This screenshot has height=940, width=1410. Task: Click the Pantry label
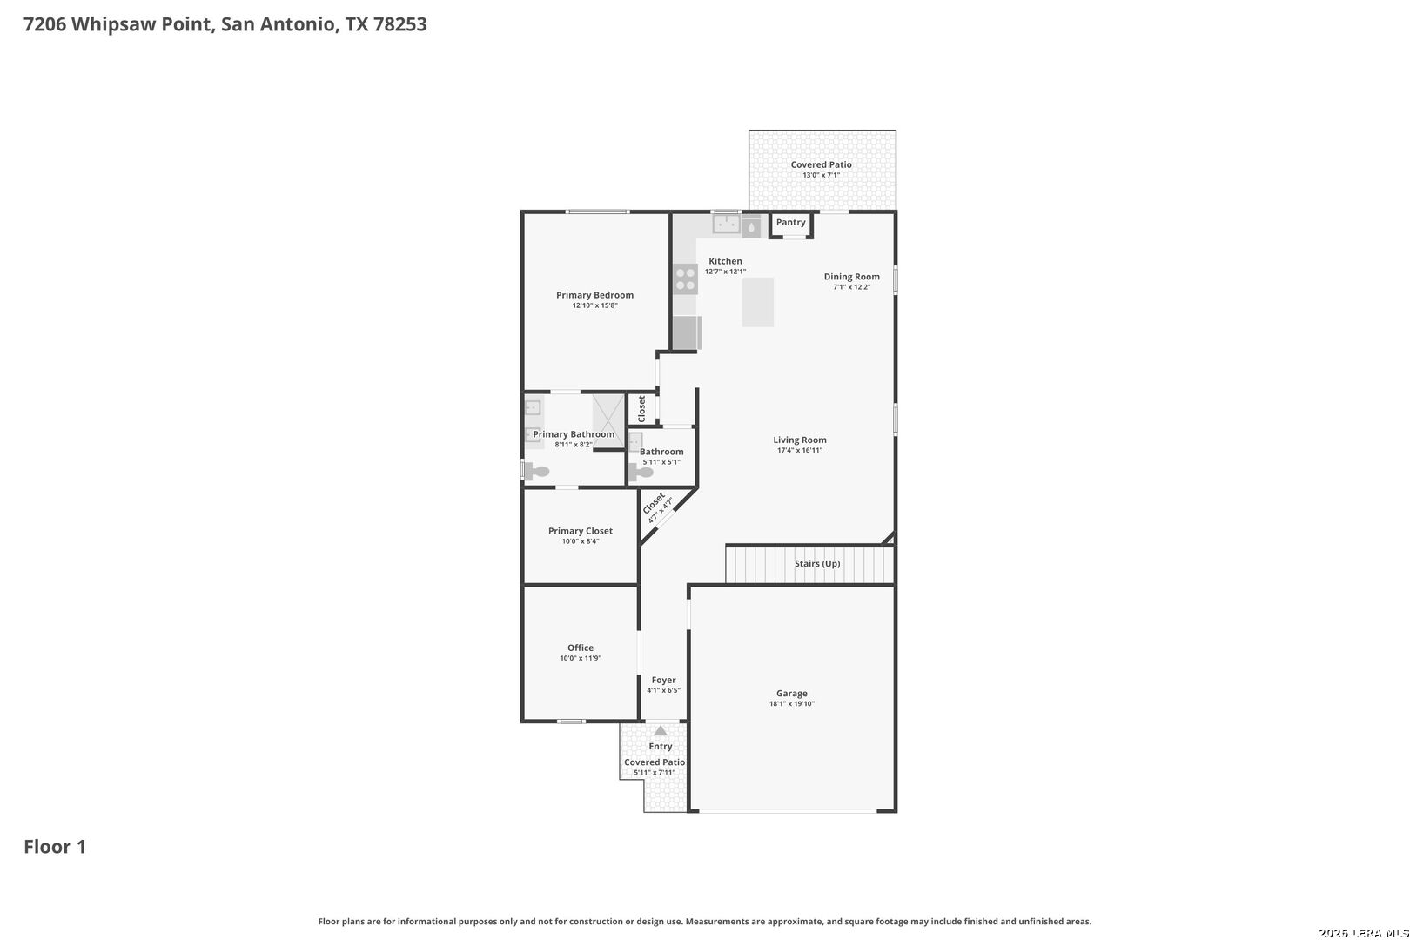790,222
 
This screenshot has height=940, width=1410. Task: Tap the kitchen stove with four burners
686,279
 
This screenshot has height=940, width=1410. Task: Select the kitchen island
757,302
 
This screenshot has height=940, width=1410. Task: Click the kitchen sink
726,224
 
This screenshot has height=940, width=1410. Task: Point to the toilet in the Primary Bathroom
536,470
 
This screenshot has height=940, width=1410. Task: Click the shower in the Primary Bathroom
608,420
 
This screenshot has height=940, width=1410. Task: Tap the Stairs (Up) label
817,563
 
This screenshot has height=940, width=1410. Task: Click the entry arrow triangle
661,731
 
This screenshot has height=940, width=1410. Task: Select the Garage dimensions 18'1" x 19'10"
792,704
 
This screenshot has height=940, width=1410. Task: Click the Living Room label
800,440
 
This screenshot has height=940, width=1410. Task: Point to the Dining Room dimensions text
852,287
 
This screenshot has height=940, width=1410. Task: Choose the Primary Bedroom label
594,295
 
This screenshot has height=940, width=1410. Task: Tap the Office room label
581,648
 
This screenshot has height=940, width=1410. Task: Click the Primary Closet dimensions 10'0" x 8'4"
581,541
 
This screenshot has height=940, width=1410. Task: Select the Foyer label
663,680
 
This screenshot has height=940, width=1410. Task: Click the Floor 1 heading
55,847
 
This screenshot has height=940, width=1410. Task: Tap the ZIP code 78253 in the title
399,23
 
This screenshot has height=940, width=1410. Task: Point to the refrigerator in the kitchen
686,332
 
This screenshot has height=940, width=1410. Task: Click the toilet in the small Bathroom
641,473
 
